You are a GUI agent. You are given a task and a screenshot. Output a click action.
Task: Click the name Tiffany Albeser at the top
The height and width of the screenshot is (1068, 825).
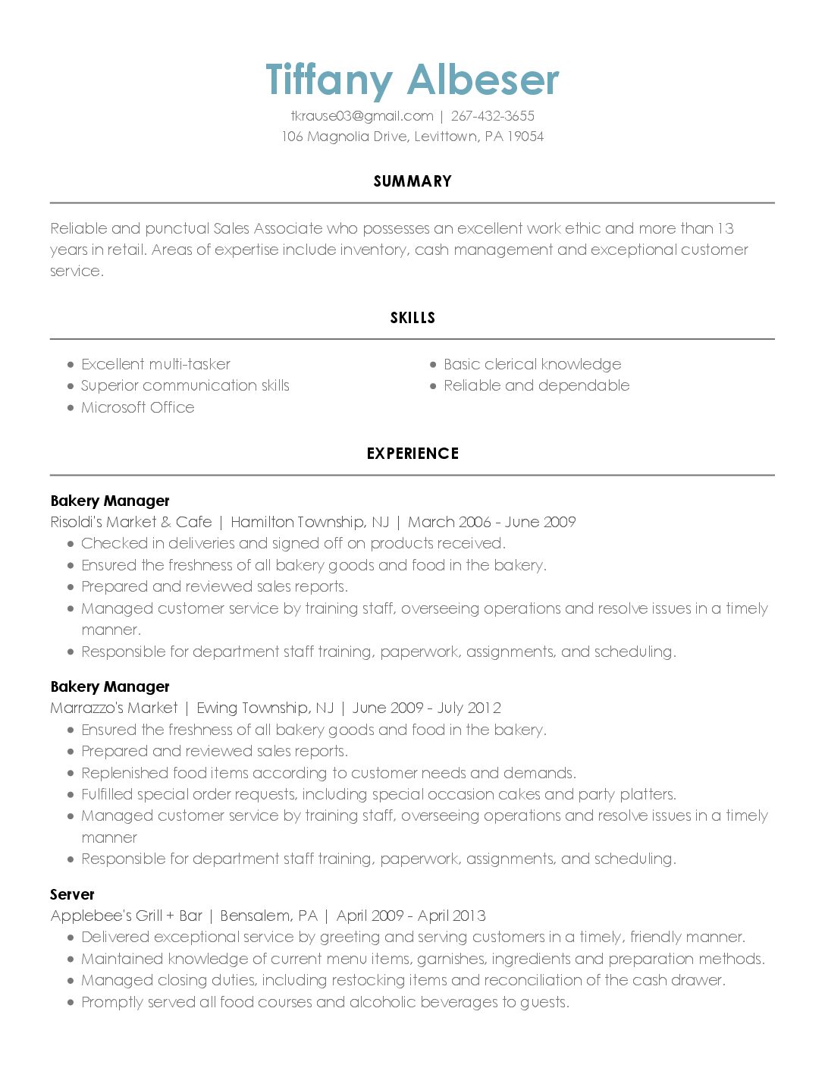(412, 80)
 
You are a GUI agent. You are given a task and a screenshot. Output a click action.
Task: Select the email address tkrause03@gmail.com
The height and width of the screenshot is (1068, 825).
(362, 116)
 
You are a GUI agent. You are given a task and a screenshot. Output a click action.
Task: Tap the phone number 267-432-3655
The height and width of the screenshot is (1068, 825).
(492, 116)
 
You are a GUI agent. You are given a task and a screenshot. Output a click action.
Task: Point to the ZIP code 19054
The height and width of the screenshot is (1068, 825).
(525, 137)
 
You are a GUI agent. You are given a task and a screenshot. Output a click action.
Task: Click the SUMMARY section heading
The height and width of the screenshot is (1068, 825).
(412, 181)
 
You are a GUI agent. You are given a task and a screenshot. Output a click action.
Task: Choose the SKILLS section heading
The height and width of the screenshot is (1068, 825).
(412, 318)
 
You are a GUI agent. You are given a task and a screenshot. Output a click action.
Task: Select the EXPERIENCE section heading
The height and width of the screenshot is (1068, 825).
(412, 454)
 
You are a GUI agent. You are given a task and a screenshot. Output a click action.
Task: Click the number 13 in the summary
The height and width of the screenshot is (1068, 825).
(725, 228)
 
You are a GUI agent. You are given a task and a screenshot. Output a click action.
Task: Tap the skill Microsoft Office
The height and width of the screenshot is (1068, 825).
(138, 407)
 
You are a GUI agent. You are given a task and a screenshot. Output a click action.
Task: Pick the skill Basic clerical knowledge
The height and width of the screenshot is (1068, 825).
(532, 364)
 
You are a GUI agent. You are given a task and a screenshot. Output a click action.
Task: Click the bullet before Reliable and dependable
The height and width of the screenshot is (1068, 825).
(434, 386)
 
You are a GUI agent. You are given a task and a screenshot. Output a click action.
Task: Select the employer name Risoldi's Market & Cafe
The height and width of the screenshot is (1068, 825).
(131, 522)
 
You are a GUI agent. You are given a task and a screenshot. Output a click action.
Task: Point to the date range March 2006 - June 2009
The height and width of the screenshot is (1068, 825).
(492, 522)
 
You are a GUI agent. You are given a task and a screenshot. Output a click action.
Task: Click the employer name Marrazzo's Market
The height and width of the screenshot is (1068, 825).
(114, 708)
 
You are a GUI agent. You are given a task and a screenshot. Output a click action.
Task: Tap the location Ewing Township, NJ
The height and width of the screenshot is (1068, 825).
(265, 708)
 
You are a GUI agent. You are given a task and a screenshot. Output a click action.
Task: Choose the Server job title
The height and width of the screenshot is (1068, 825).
(72, 894)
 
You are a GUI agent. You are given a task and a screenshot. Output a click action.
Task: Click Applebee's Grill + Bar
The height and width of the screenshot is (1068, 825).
(126, 916)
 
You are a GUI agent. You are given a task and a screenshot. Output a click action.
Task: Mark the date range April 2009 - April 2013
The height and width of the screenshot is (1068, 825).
(411, 916)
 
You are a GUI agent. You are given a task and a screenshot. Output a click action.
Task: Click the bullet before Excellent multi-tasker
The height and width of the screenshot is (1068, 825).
(71, 365)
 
